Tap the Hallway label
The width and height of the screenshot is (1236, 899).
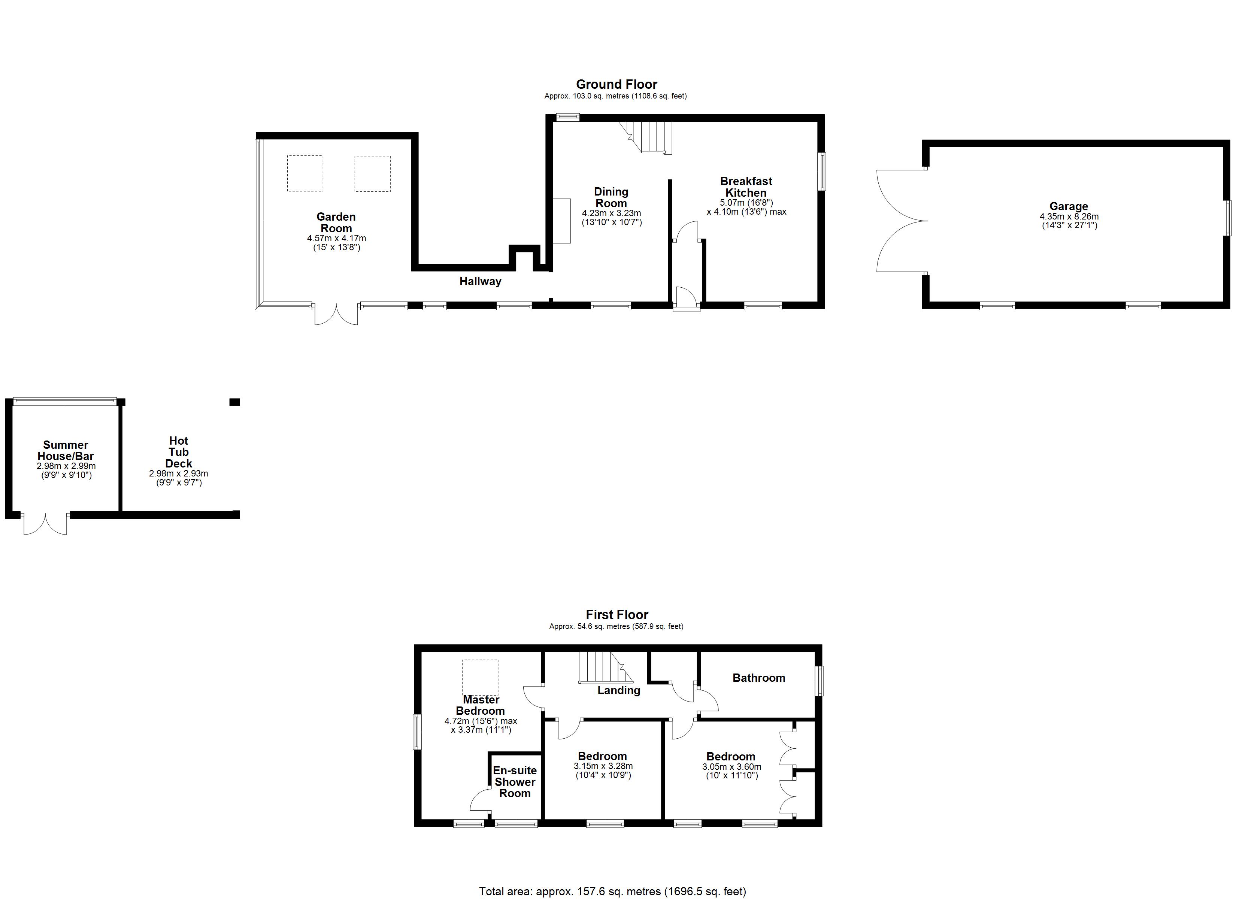[480, 281]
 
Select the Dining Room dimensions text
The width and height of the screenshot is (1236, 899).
[612, 218]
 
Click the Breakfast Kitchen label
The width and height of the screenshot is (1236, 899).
[746, 187]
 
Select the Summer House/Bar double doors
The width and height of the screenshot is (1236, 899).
[45, 524]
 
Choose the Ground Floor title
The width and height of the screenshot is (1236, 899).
[617, 85]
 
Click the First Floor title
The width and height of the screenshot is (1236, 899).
[617, 615]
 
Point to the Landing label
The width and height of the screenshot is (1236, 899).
[618, 690]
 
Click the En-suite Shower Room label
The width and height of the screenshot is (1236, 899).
[515, 781]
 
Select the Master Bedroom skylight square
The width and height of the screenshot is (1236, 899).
[480, 677]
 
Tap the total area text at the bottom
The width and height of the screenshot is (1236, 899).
[612, 892]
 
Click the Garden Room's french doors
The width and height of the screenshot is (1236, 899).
[336, 315]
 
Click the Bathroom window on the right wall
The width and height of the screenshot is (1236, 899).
[819, 681]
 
